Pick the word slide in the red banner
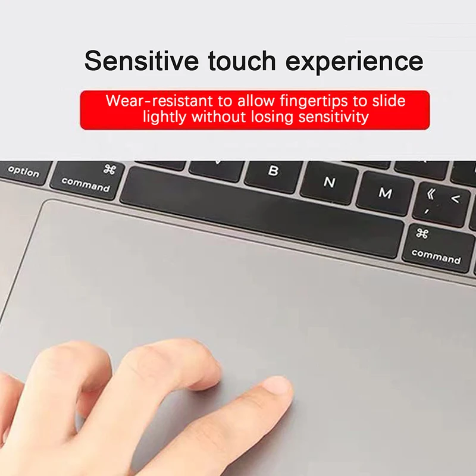click(388, 100)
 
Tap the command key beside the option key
click(87, 179)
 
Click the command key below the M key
click(437, 247)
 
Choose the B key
click(273, 173)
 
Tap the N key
click(329, 183)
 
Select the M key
click(385, 193)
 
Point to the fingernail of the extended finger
click(278, 387)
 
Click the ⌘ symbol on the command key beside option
click(109, 170)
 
